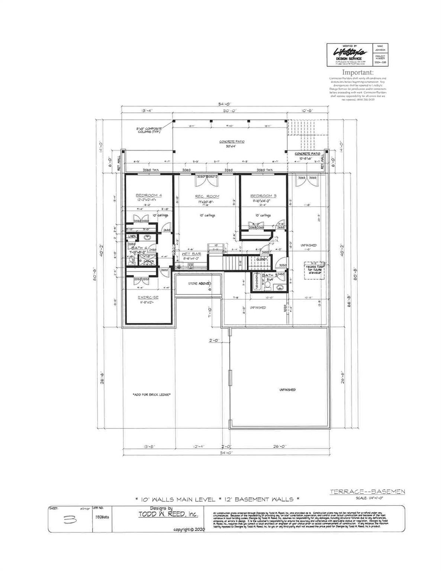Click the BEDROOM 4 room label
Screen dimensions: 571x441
click(148, 196)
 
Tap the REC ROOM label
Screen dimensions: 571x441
click(207, 196)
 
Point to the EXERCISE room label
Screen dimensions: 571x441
click(148, 297)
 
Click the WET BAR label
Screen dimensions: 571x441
click(191, 254)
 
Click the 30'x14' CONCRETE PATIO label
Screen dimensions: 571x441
click(231, 143)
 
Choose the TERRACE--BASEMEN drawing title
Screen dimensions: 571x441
click(367, 492)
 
